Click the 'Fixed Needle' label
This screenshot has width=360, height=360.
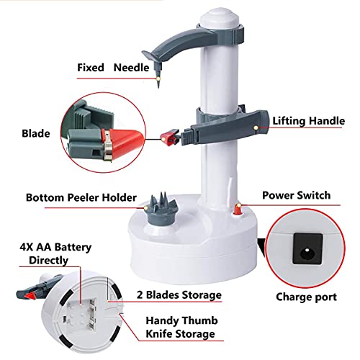point(113,68)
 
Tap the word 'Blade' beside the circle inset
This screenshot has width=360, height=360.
point(36,134)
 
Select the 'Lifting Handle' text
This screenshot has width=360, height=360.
point(309,121)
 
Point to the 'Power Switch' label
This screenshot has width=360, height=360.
point(297,195)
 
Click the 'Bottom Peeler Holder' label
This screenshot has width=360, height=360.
point(81,198)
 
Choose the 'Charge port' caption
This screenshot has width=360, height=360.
point(306,297)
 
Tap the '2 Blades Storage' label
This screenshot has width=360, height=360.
point(179,295)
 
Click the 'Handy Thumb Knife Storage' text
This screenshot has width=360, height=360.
point(181,327)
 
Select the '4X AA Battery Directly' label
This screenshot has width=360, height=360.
point(55,253)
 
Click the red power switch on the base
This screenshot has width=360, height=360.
point(238,210)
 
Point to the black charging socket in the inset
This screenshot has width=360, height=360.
point(307,248)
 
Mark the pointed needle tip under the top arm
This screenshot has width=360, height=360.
point(158,87)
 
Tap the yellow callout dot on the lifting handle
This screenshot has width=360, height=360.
point(256,127)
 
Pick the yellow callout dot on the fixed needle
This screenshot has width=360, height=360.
point(158,78)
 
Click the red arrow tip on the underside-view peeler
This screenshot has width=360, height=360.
point(30,295)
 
